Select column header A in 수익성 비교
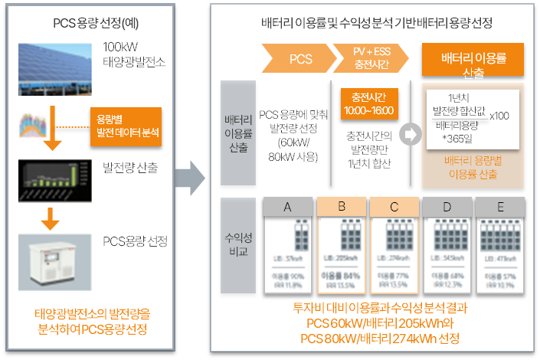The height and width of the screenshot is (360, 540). [x=287, y=206]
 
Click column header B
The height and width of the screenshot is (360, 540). [x=341, y=206]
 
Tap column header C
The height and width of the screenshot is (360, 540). [x=394, y=206]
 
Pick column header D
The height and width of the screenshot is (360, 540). [x=447, y=206]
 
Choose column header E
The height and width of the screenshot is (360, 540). [x=499, y=206]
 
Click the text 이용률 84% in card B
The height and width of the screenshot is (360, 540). [x=341, y=276]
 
